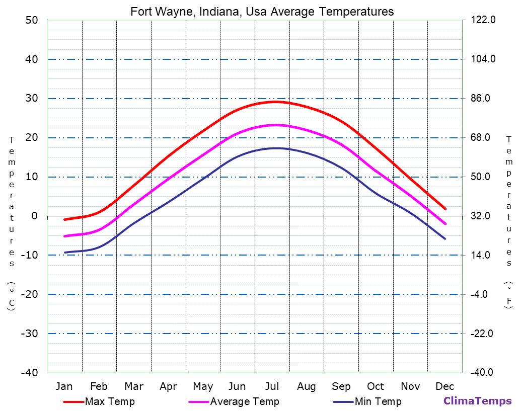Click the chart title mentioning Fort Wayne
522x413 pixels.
(x=262, y=11)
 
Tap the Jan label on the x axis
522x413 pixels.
(x=64, y=386)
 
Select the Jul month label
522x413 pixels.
(x=272, y=386)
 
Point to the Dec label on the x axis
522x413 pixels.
(x=445, y=386)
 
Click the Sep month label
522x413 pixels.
(x=341, y=386)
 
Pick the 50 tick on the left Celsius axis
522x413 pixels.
(x=31, y=20)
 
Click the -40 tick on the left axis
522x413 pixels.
(x=29, y=373)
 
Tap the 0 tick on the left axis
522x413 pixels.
(x=34, y=216)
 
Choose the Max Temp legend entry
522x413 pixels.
(x=110, y=401)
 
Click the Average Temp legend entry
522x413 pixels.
(x=244, y=401)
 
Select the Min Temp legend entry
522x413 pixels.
(x=378, y=401)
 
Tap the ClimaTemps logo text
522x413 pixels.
(x=477, y=401)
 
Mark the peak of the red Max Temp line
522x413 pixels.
(x=275, y=102)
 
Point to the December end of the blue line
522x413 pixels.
(x=445, y=238)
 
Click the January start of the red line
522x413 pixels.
(x=64, y=220)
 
